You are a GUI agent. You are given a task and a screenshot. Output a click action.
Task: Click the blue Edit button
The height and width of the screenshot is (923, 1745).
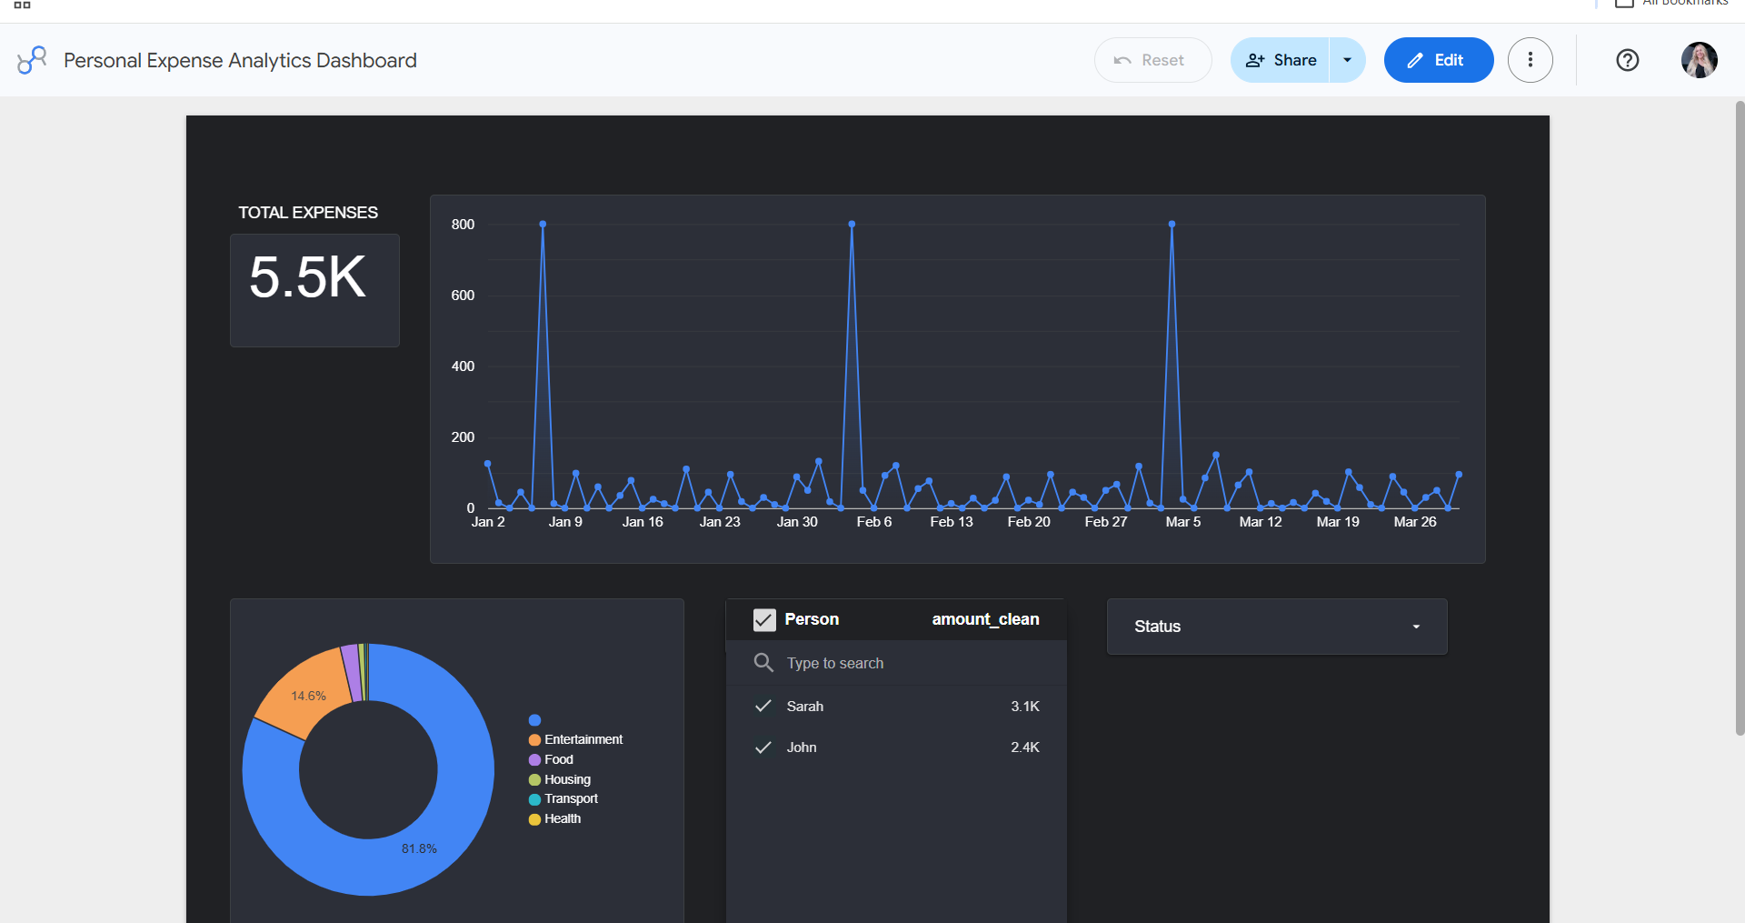1438,60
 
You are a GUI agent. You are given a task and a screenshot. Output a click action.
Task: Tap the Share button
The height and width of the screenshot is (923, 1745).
1280,60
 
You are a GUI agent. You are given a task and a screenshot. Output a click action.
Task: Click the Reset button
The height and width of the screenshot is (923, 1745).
1152,60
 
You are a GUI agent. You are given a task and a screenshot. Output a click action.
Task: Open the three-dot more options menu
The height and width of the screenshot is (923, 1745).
1531,60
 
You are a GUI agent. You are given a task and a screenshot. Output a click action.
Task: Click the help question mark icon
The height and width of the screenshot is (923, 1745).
1628,60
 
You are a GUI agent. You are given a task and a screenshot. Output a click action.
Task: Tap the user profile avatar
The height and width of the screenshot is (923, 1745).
1700,60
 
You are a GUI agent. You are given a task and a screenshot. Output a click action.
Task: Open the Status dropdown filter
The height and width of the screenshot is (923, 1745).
1277,627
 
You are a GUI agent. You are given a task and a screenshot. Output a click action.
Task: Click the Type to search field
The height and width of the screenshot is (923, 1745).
834,663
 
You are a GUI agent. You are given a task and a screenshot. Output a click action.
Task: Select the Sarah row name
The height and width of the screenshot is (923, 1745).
805,707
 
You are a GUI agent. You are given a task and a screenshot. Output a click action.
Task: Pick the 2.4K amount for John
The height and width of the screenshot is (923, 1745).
1025,747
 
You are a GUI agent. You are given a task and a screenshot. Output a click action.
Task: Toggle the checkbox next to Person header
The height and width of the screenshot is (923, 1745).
764,620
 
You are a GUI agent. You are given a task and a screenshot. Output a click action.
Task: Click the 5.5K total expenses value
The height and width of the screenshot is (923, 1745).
307,277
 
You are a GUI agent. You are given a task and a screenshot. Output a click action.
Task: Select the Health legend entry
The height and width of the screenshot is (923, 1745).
555,818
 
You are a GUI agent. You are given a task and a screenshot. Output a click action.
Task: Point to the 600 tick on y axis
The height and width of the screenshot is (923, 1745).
463,296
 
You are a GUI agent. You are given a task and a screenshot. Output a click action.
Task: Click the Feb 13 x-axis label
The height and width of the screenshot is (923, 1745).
952,522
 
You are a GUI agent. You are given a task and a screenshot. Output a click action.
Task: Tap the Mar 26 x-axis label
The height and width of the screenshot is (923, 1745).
1415,522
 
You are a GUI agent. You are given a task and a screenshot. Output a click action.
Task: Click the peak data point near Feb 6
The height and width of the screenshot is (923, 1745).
852,224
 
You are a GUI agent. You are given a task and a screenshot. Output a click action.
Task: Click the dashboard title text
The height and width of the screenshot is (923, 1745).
240,60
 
